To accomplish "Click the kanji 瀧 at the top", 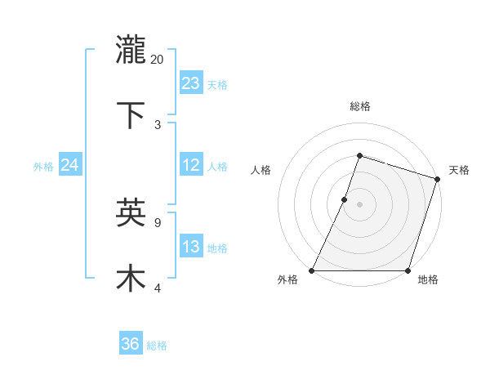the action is (x=131, y=50).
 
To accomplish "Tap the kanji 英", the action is (x=131, y=212).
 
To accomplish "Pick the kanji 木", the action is (x=131, y=278).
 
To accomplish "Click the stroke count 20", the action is (x=158, y=59).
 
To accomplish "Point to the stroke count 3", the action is (x=158, y=124).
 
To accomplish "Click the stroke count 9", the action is (x=158, y=221).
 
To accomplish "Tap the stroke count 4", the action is (x=158, y=287).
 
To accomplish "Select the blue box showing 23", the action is (x=191, y=83).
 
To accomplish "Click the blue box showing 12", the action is (x=191, y=165).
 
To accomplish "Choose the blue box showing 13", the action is (x=191, y=247).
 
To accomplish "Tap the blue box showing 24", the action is (x=70, y=165).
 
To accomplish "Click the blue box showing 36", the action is (x=131, y=344).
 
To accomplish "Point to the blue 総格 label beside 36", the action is (x=157, y=346).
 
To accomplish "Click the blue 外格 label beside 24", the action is (x=43, y=167).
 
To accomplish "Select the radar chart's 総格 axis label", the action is (x=359, y=106).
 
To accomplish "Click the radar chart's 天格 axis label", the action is (x=460, y=170).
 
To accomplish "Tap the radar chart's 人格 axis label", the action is (x=261, y=170).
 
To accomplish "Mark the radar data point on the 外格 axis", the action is (x=312, y=270).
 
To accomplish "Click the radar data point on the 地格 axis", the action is (x=408, y=270).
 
